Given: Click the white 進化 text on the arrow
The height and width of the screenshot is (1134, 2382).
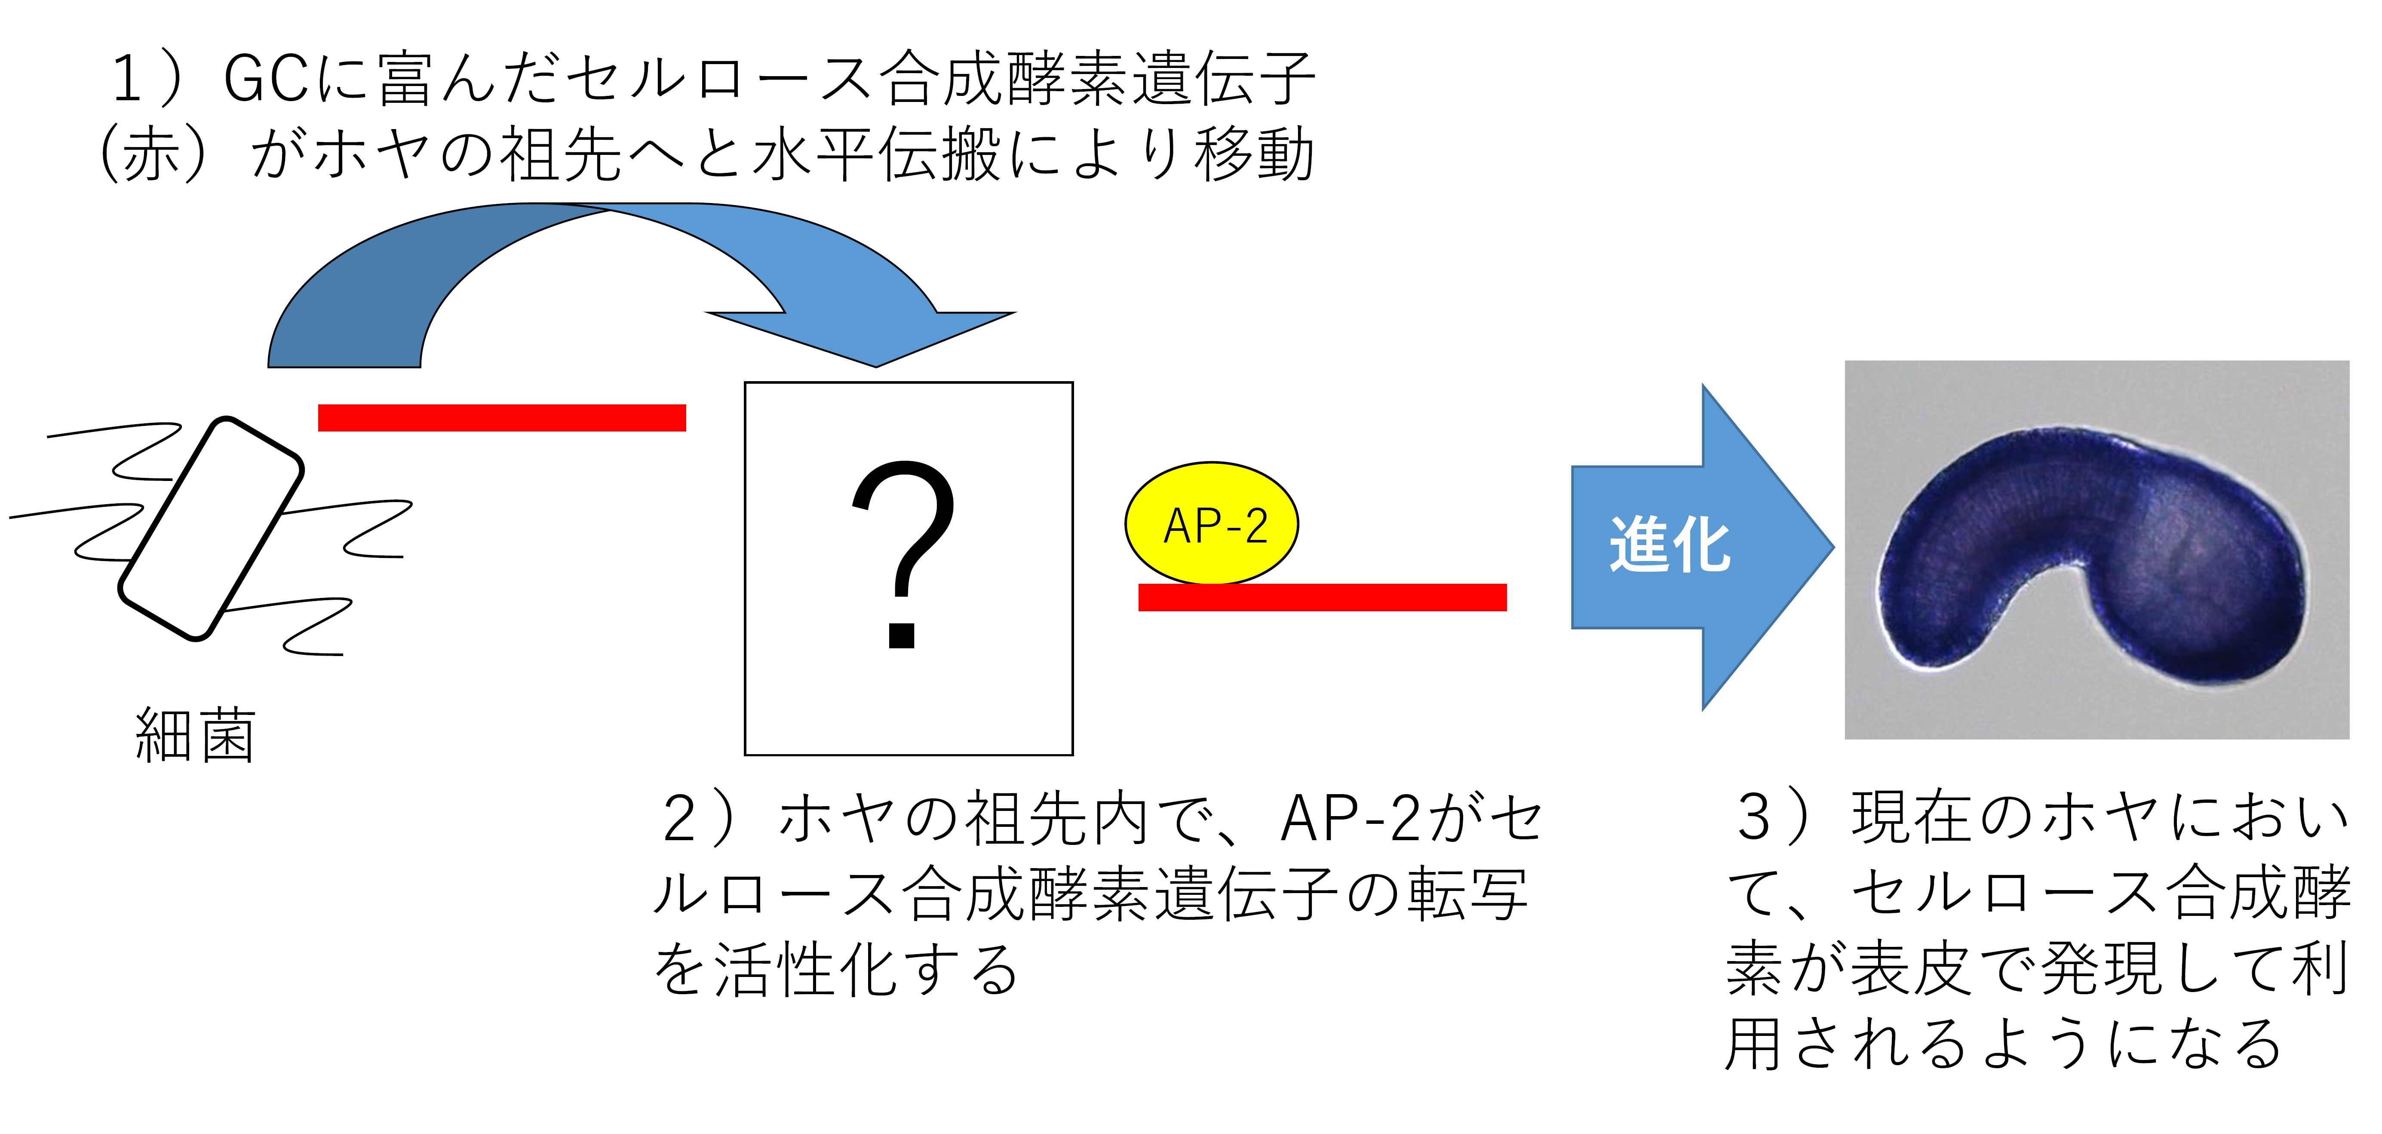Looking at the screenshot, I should pyautogui.click(x=1669, y=546).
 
